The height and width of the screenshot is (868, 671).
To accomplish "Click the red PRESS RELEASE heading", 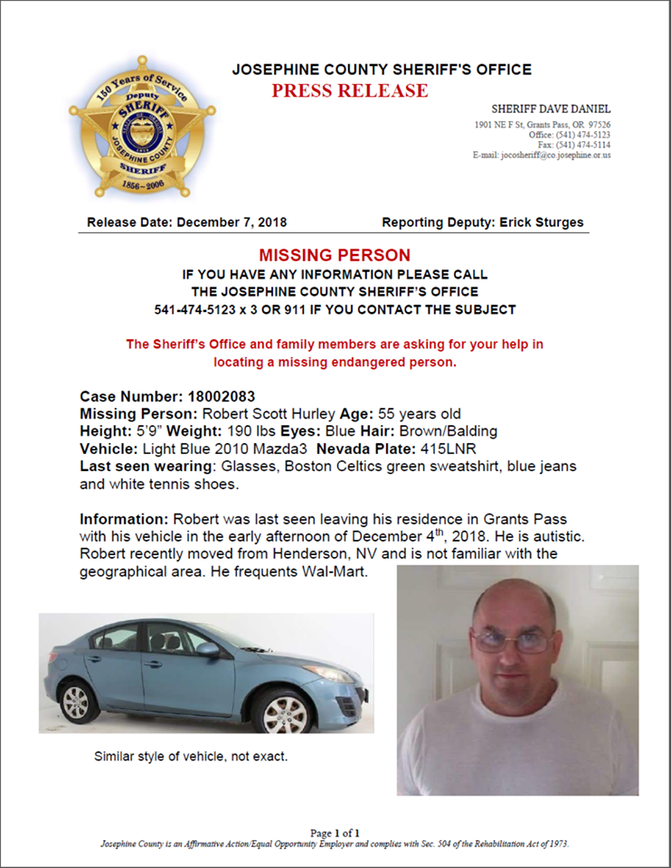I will [x=350, y=90].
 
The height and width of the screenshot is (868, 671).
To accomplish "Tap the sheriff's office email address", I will [x=555, y=155].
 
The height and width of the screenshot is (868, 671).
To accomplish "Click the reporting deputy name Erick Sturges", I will [x=542, y=222].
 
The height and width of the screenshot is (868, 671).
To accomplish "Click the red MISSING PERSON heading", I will [x=335, y=256].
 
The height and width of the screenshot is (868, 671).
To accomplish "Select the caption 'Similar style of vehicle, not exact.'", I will [x=191, y=755].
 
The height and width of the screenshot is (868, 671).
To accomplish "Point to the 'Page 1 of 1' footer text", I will [x=335, y=833].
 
